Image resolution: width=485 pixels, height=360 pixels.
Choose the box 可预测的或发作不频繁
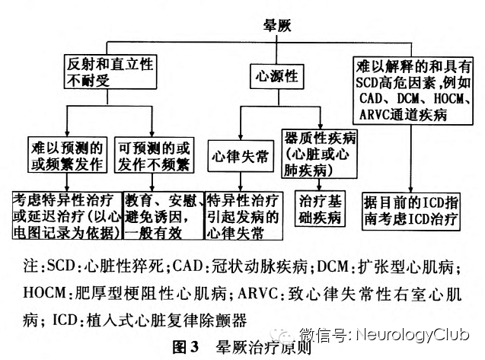point(153,154)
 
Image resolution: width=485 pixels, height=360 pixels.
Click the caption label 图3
point(185,347)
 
